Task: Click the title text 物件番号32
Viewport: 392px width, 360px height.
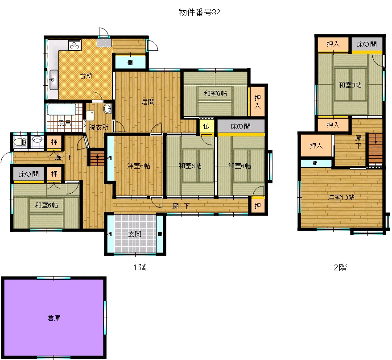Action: [199, 12]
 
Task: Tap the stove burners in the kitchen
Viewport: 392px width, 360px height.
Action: [74, 45]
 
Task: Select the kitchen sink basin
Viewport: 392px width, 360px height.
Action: [54, 80]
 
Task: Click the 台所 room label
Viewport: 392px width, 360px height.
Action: [86, 75]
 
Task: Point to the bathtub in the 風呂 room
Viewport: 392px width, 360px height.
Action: [62, 109]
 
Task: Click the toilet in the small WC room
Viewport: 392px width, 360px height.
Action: [20, 142]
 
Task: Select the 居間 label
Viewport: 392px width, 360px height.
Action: [148, 102]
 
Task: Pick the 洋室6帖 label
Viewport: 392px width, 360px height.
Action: [139, 166]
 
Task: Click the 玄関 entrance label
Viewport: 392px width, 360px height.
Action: [135, 234]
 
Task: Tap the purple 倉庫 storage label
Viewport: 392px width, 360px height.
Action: [54, 318]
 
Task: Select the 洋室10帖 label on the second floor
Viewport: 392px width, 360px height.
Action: [341, 197]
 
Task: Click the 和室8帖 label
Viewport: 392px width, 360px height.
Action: [350, 85]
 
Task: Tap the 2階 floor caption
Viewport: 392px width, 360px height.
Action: [341, 268]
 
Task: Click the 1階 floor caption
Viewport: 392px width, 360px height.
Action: [140, 268]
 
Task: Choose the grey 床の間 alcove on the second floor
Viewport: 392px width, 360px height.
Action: [367, 45]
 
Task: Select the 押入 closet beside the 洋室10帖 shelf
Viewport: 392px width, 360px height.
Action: [316, 145]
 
